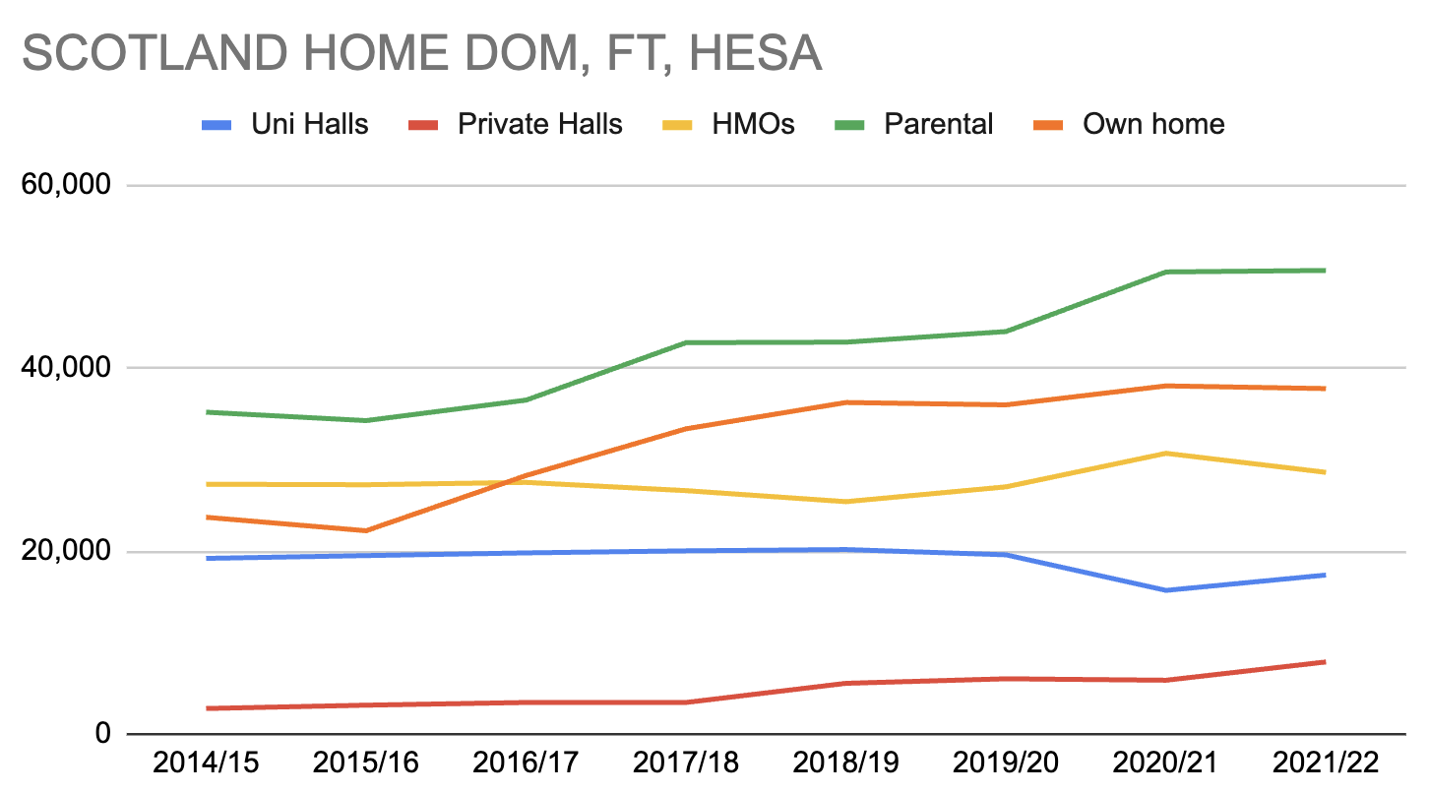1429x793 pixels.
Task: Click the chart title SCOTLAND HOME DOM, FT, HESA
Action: click(421, 53)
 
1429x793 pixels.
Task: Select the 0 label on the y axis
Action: click(101, 734)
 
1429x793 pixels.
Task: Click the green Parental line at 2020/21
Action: click(1165, 272)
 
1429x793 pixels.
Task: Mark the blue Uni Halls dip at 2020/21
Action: click(1165, 590)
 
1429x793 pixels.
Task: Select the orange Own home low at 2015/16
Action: click(365, 530)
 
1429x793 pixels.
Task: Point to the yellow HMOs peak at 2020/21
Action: click(1165, 453)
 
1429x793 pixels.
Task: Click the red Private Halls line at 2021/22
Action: click(1325, 661)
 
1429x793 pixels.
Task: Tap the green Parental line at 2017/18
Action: click(685, 342)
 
